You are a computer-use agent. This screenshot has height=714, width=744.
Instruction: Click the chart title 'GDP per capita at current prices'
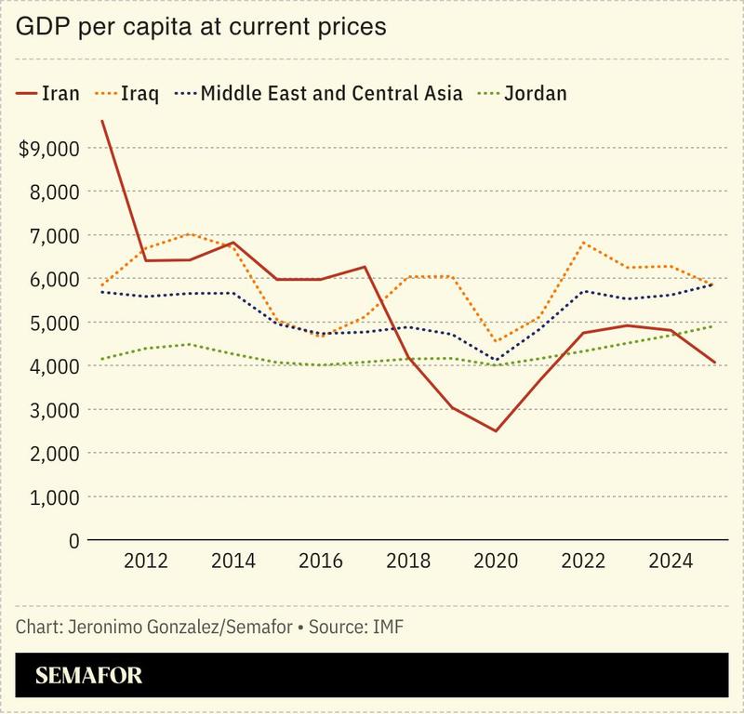tap(200, 28)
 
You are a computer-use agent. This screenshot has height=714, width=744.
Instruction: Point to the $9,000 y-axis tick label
tap(48, 148)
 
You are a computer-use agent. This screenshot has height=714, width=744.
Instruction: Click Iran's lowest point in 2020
tap(496, 430)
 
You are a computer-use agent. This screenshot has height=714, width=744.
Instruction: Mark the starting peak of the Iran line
tap(101, 121)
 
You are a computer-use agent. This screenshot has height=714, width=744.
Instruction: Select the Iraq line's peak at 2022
tap(583, 243)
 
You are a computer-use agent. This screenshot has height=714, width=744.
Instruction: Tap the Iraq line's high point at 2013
tap(189, 234)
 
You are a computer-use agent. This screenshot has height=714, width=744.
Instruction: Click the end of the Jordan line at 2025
tap(713, 325)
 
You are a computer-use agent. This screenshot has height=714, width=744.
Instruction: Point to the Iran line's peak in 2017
tap(364, 267)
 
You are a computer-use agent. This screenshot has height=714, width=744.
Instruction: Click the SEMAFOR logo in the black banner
tap(89, 676)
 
